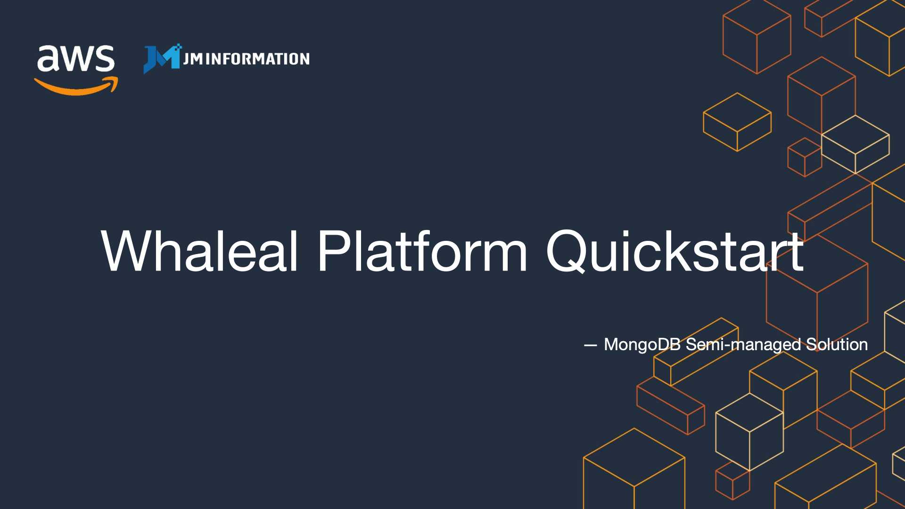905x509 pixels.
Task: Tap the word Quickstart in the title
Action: click(675, 251)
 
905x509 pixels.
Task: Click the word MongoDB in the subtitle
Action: click(642, 345)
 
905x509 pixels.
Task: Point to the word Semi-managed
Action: click(743, 345)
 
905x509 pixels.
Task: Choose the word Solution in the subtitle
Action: click(837, 345)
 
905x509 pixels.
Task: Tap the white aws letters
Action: click(75, 59)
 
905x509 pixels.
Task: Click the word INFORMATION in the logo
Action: click(257, 59)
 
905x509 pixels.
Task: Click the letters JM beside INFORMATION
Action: click(193, 59)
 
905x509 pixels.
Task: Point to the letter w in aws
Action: click(75, 59)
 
